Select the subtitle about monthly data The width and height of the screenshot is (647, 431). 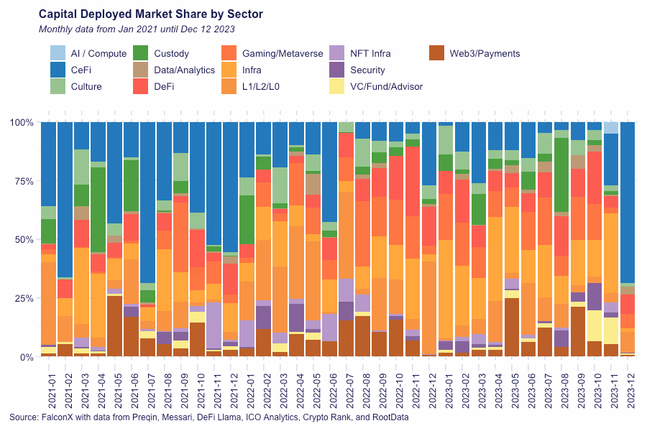pos(137,29)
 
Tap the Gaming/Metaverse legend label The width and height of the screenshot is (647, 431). pos(283,53)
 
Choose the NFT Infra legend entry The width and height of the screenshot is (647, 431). pos(370,53)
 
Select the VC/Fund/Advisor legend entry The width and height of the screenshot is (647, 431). pos(386,86)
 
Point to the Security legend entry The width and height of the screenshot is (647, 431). pos(367,70)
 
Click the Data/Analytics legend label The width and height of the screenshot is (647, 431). pos(184,70)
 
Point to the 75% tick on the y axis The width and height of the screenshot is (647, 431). pos(22,181)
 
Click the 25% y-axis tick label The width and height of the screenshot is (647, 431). pos(22,298)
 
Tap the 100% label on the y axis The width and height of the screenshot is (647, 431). pos(20,123)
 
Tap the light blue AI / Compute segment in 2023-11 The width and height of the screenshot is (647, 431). pos(610,128)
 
